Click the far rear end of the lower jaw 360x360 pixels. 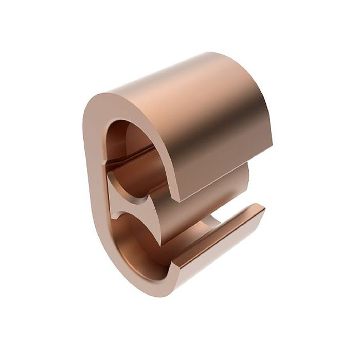[x=261, y=208]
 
